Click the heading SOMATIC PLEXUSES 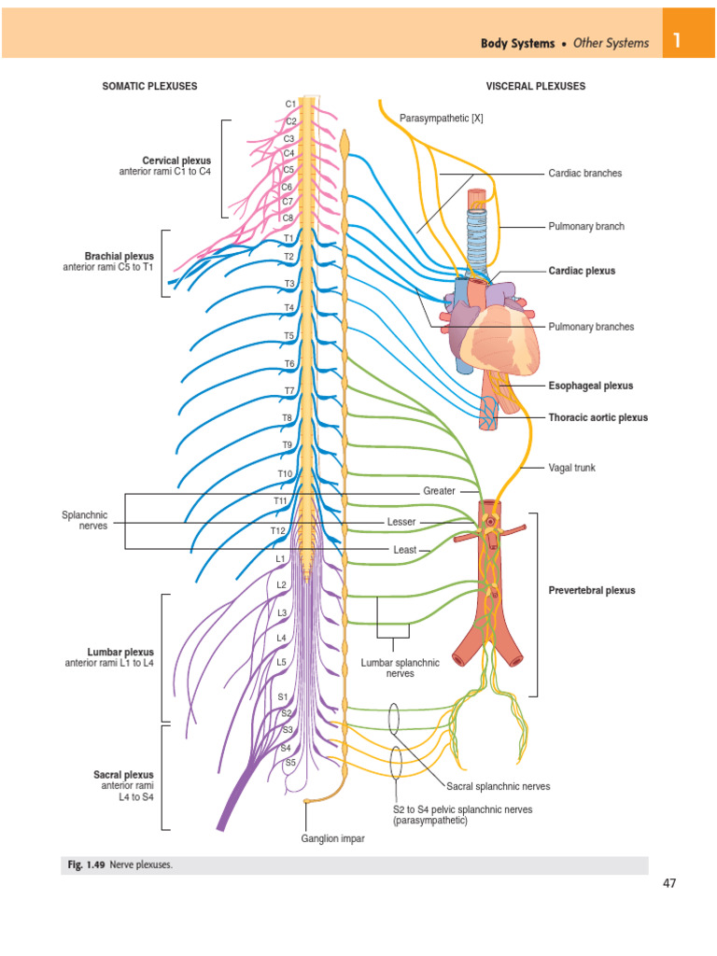pyautogui.click(x=149, y=86)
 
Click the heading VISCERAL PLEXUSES pyautogui.click(x=536, y=86)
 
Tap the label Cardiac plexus pyautogui.click(x=582, y=271)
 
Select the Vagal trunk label pyautogui.click(x=571, y=468)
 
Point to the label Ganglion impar pyautogui.click(x=332, y=838)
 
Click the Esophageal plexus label pyautogui.click(x=590, y=386)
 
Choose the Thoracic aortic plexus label pyautogui.click(x=597, y=417)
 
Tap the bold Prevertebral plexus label pyautogui.click(x=591, y=590)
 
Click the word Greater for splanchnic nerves pyautogui.click(x=439, y=490)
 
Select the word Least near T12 pyautogui.click(x=404, y=550)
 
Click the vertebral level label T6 pyautogui.click(x=289, y=363)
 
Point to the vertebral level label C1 pyautogui.click(x=290, y=104)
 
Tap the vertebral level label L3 pyautogui.click(x=281, y=612)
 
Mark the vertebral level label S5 pyautogui.click(x=289, y=763)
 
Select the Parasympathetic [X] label pyautogui.click(x=442, y=118)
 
